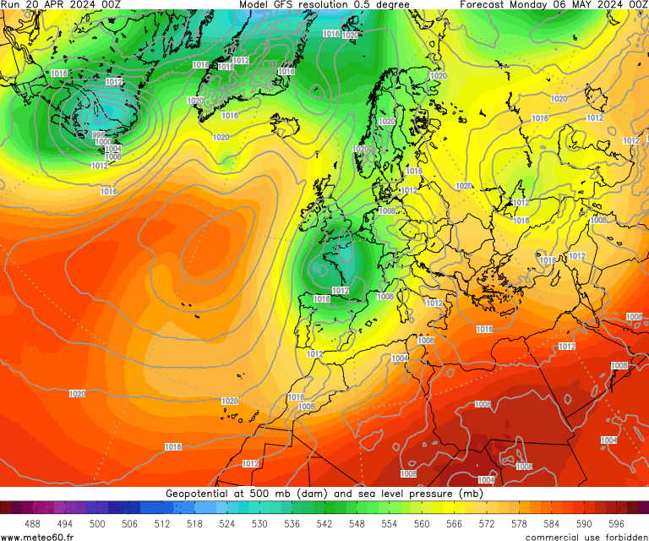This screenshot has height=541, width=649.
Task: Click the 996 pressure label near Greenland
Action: (x=99, y=135)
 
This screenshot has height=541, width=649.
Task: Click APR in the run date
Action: (x=36, y=4)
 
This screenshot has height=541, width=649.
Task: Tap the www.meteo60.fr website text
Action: (x=37, y=536)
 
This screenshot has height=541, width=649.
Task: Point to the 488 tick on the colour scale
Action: (x=32, y=524)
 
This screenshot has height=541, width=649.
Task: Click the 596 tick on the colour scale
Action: (x=615, y=524)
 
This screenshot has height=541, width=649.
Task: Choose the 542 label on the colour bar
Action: (x=324, y=524)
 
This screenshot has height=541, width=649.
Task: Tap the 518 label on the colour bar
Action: (x=194, y=524)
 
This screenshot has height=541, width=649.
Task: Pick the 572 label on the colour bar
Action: (x=486, y=524)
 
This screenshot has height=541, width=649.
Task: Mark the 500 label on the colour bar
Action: (x=97, y=524)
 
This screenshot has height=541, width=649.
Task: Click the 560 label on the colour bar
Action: (x=421, y=524)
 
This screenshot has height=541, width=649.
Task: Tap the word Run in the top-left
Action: (x=9, y=4)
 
